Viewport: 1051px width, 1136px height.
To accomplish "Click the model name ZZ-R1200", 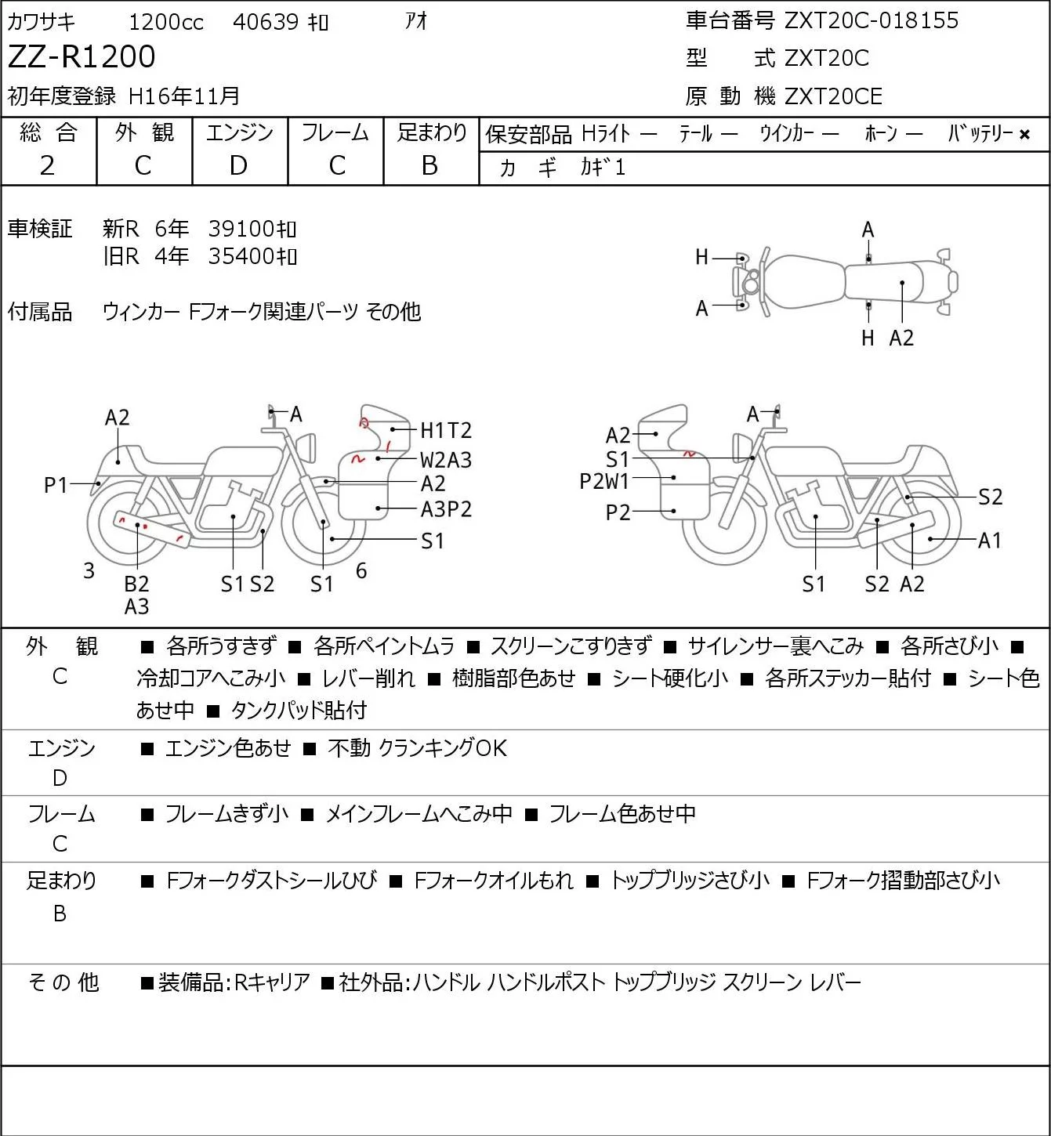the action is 82,56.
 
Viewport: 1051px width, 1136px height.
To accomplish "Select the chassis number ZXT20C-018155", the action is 871,20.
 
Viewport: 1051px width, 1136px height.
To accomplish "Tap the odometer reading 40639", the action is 266,22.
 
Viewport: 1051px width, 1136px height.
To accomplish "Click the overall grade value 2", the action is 48,166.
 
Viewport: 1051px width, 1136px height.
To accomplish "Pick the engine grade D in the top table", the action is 239,166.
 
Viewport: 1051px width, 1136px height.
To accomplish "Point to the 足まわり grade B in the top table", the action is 430,166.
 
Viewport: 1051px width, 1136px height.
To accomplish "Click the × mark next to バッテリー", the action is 1024,135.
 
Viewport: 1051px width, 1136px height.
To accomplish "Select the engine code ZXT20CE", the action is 833,96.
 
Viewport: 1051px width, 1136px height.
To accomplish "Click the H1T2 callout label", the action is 446,430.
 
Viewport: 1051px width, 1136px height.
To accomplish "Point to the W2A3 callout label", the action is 446,460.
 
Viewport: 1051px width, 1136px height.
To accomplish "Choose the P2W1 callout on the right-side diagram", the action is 604,482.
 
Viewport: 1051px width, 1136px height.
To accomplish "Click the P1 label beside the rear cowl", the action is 56,486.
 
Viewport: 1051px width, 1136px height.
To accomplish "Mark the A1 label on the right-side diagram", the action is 990,540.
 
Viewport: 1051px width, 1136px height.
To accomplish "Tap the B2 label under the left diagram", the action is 137,584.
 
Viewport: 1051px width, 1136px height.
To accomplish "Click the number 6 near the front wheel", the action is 361,570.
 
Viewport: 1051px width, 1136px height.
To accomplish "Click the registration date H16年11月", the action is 183,96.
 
